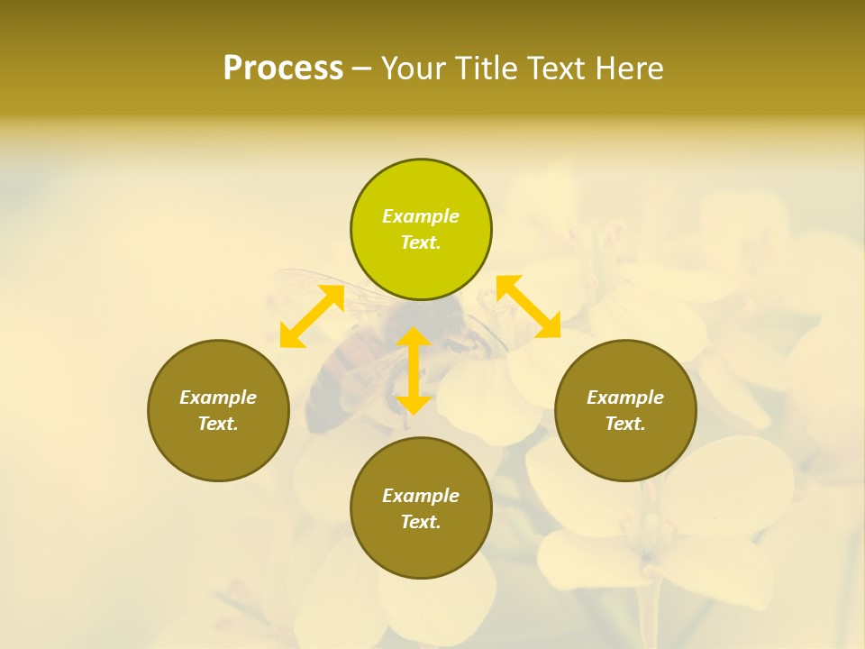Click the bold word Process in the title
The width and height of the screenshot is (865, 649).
point(283,69)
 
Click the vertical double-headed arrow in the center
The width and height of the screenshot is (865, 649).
point(414,371)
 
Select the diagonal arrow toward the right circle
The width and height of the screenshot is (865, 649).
point(528,306)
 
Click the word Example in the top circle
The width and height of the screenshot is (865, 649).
point(421,216)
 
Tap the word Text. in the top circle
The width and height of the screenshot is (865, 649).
point(421,242)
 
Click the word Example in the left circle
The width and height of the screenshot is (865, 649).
point(218,398)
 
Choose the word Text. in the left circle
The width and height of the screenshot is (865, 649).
point(218,424)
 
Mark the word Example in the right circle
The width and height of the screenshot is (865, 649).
point(625,398)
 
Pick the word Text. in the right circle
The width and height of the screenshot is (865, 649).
point(625,424)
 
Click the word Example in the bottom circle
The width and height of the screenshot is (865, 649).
point(421,496)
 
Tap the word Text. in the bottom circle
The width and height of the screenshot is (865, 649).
point(421,522)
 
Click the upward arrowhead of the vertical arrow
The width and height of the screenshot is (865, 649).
point(414,337)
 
